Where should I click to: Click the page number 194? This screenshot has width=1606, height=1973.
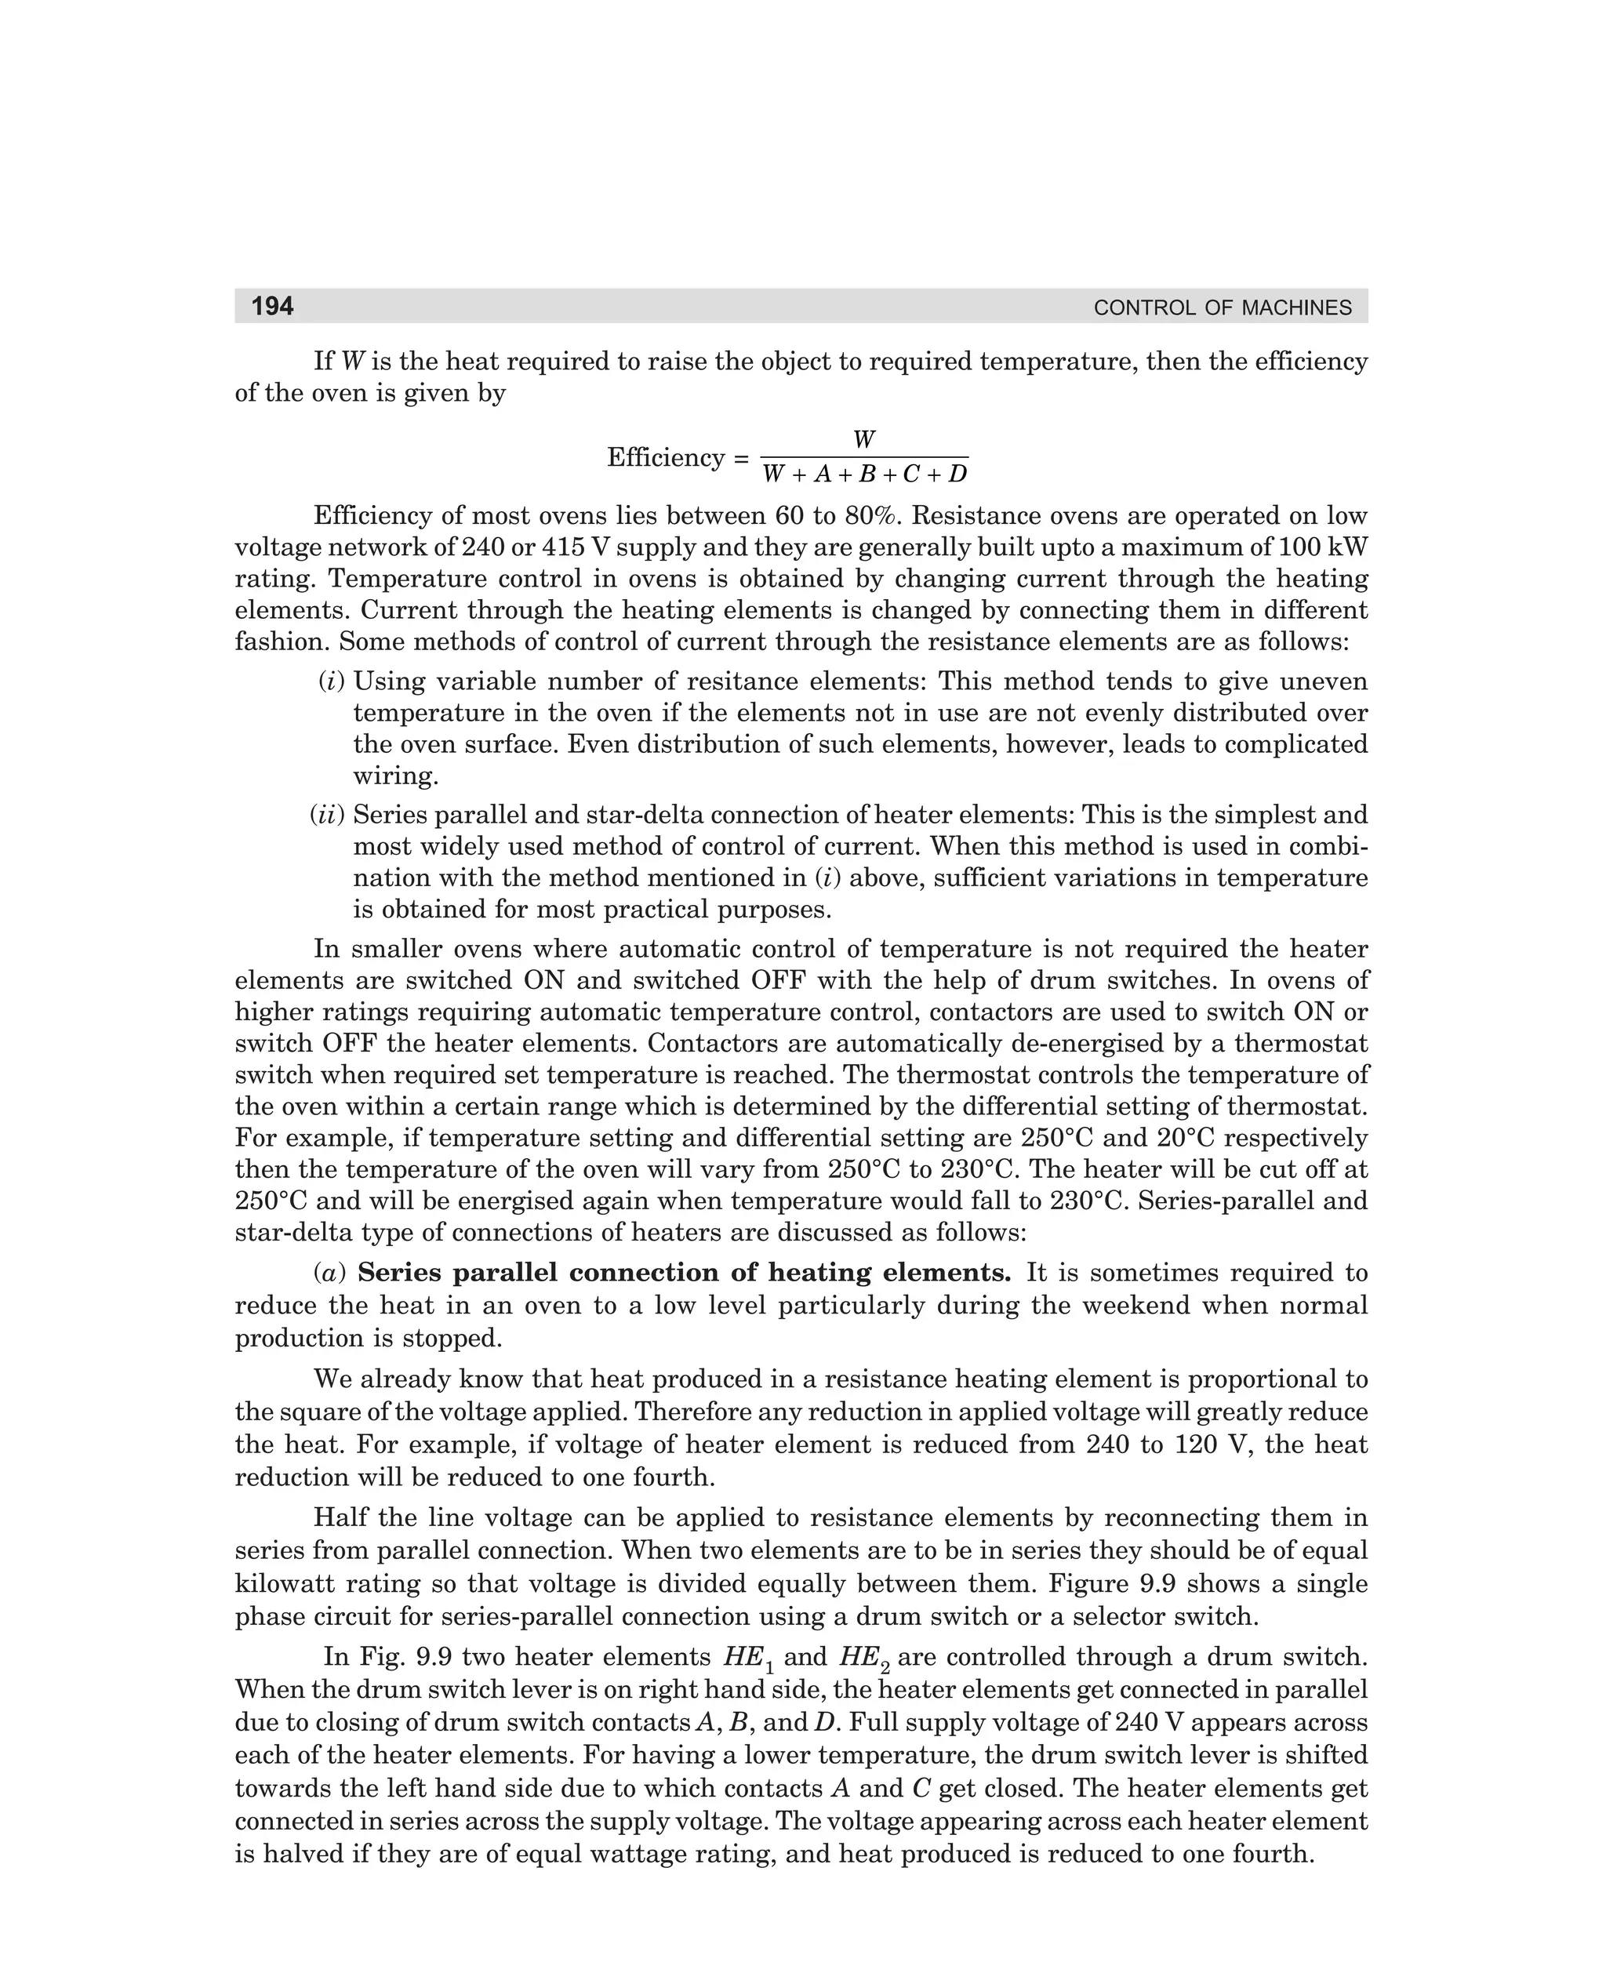point(273,306)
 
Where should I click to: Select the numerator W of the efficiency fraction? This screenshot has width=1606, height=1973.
point(863,439)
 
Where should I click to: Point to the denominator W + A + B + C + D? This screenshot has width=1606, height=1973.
point(864,474)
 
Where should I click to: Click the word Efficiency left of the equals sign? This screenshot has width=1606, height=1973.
point(665,457)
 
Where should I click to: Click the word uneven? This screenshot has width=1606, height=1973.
point(1324,681)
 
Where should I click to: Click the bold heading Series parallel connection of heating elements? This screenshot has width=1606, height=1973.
point(685,1273)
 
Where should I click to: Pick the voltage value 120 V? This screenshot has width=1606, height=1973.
point(1214,1444)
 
